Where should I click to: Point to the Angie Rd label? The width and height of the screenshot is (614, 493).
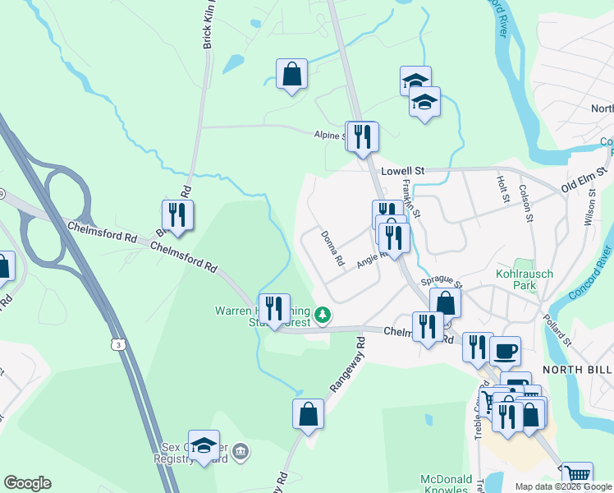371,260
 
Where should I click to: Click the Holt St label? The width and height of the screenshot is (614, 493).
502,189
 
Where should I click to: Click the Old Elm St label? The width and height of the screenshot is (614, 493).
584,181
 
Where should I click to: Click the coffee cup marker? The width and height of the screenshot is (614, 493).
505,351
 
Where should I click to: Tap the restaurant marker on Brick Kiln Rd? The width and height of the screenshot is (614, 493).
177,215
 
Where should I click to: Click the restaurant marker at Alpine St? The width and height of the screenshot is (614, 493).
362,136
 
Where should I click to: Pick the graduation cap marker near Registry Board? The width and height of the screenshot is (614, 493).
204,445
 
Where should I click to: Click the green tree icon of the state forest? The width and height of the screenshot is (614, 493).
323,314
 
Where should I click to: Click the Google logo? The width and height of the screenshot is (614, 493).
27,483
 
